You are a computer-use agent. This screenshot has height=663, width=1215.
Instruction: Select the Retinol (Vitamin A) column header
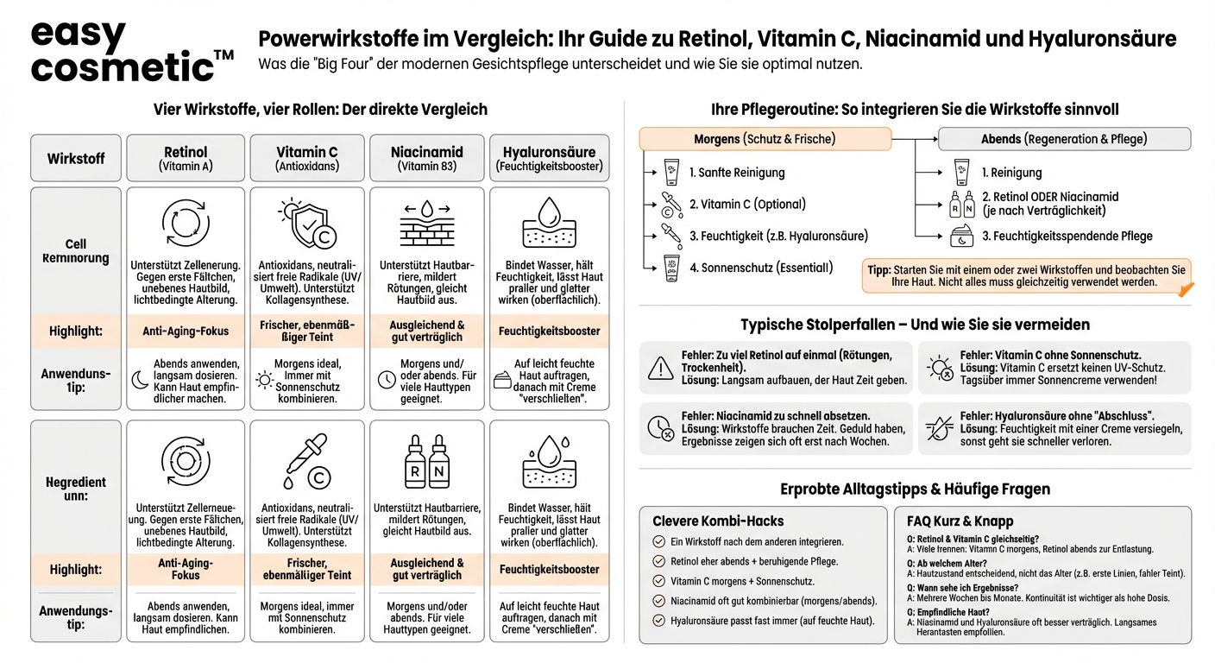coord(186,158)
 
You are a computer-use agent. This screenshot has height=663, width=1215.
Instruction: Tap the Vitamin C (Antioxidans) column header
coord(307,158)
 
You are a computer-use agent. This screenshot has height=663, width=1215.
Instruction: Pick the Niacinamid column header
coord(427,158)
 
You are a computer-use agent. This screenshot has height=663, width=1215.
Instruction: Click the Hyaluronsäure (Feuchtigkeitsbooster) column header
coord(549,158)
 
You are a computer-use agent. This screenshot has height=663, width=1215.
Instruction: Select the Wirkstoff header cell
coord(76,159)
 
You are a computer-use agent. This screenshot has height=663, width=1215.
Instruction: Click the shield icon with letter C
coord(307,223)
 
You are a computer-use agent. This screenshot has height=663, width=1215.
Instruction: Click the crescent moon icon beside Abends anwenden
coord(140,379)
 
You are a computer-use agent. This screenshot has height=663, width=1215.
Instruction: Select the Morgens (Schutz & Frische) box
coord(765,139)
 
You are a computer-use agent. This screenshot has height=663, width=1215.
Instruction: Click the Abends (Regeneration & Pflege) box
coord(1064,139)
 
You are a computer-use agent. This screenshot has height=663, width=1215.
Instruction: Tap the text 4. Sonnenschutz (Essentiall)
coord(761,268)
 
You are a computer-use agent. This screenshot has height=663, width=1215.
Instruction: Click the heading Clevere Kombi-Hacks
coord(718,521)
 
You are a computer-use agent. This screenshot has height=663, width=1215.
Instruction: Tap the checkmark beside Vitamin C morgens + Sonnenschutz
coord(659,581)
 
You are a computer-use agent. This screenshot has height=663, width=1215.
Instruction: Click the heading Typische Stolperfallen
coord(915,325)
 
